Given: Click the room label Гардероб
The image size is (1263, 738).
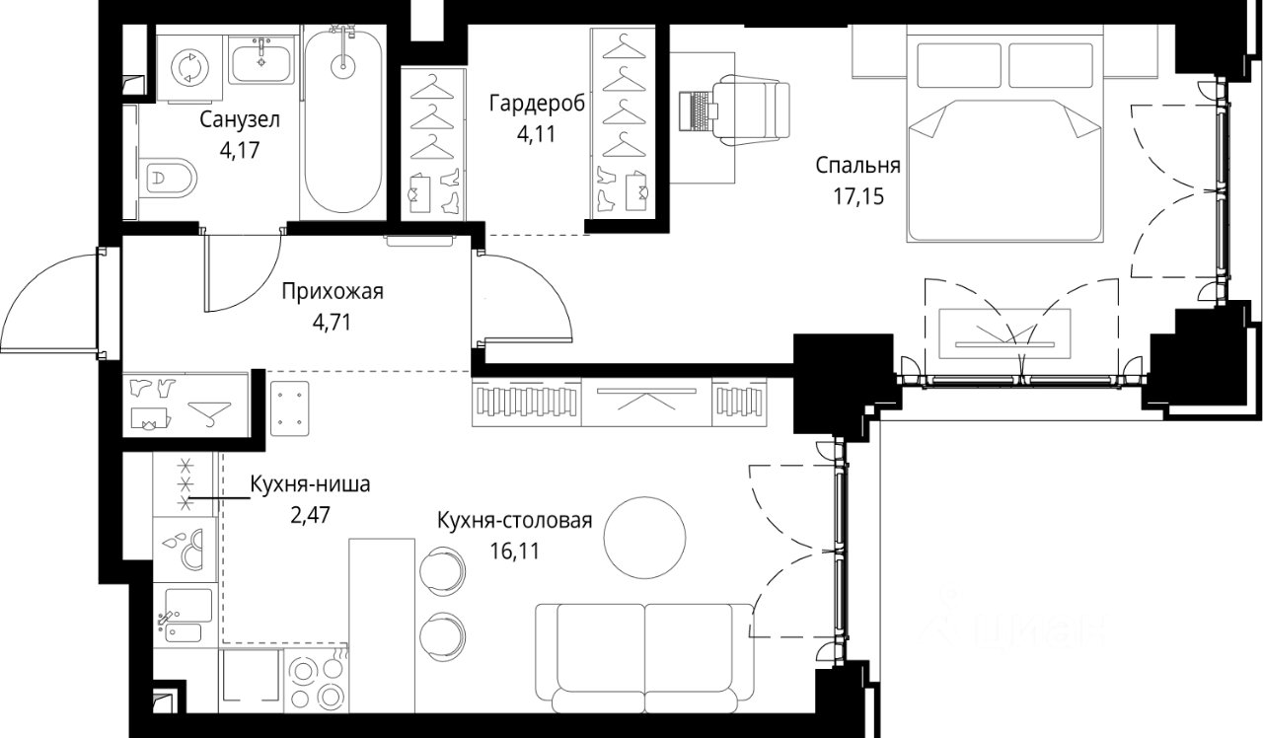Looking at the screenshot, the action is click(x=537, y=104).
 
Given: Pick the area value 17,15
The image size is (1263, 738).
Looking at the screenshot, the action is click(x=858, y=196).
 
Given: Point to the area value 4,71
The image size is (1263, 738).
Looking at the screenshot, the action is click(x=332, y=323).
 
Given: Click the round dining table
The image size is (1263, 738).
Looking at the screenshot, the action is click(x=644, y=537).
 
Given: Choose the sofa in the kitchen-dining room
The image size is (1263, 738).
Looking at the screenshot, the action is click(x=644, y=658).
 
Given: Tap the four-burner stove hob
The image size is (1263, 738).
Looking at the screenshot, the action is click(x=317, y=681).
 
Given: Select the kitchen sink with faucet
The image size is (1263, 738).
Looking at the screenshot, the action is click(x=185, y=617).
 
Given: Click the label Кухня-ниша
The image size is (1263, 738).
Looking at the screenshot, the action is click(x=310, y=484).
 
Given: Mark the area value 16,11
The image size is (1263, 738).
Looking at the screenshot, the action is click(x=515, y=551).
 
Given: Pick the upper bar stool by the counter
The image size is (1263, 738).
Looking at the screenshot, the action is click(x=443, y=570).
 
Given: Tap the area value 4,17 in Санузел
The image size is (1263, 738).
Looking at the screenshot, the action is click(x=240, y=151).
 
